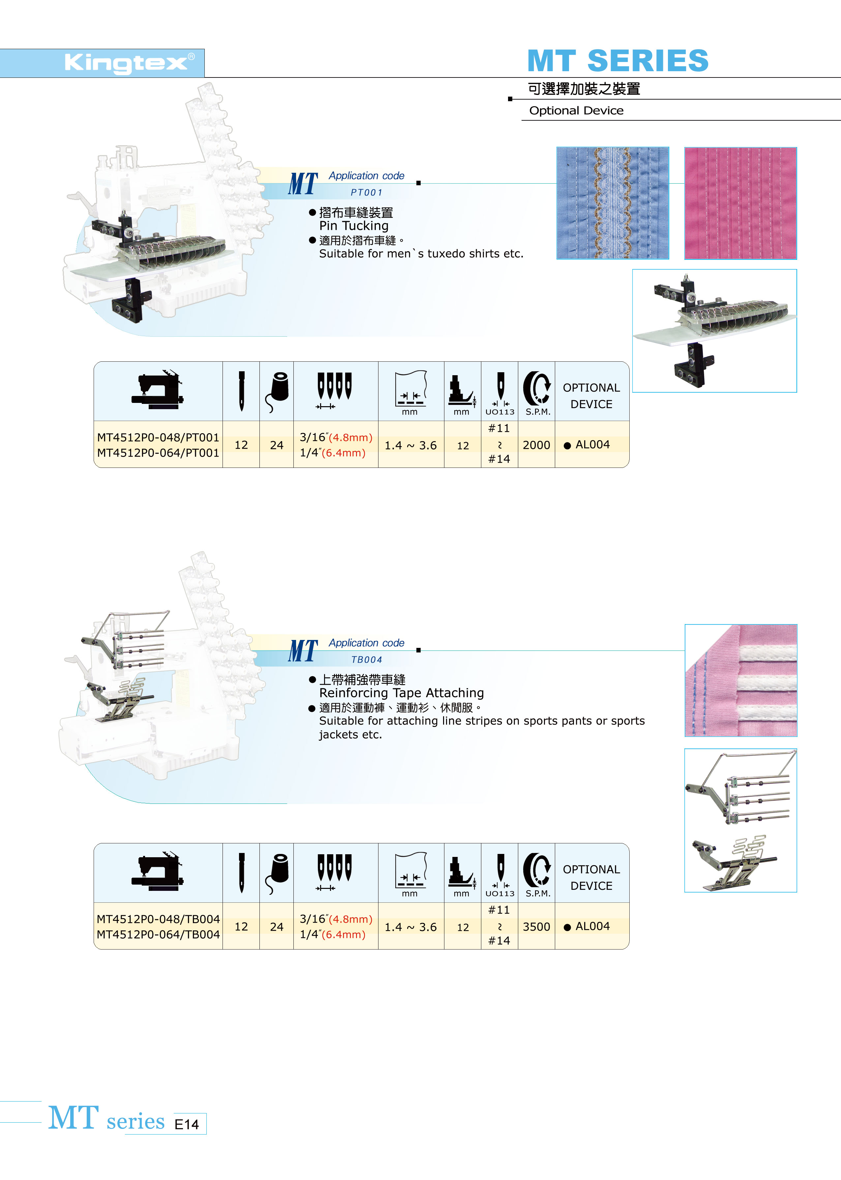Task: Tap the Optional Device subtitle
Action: click(576, 110)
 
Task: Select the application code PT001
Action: click(366, 193)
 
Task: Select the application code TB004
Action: click(366, 660)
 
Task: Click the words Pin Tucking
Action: click(354, 226)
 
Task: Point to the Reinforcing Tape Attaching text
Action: click(401, 693)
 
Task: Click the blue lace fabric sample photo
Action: click(613, 203)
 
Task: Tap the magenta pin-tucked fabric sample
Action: click(740, 203)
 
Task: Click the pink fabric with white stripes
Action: click(740, 681)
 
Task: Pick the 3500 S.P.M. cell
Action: click(536, 927)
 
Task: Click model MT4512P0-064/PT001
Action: click(158, 453)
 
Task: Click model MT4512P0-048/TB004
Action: click(158, 919)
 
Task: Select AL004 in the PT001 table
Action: click(592, 445)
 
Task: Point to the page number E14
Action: click(186, 1125)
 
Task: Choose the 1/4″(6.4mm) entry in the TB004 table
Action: click(332, 935)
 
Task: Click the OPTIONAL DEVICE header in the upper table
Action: click(591, 396)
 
